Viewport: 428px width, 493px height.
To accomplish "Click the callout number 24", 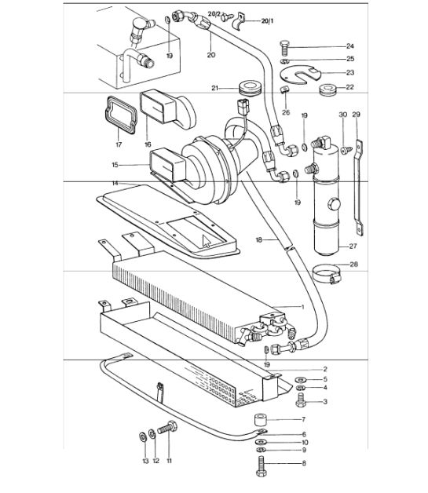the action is coord(350,46).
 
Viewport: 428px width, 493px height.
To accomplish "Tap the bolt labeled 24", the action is coord(284,48).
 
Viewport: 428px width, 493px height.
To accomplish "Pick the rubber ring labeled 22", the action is coord(328,89).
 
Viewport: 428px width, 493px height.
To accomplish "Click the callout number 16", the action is coord(148,144).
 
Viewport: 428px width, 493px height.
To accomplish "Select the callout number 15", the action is coord(115,165).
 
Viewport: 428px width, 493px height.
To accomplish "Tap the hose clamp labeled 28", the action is coord(327,272).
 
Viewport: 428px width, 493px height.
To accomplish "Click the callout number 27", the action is coord(353,246).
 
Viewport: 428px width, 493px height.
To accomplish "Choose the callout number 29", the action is coord(356,115).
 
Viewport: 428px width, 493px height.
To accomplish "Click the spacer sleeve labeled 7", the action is coord(261,419).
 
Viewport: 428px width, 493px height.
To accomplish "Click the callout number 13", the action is coord(145,461).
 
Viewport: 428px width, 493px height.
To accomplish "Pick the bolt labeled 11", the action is coord(166,428).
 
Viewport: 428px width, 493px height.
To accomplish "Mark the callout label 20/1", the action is coord(267,21).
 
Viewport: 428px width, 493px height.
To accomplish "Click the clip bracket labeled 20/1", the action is coord(240,21).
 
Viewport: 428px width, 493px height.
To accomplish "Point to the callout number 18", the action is coord(259,240).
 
